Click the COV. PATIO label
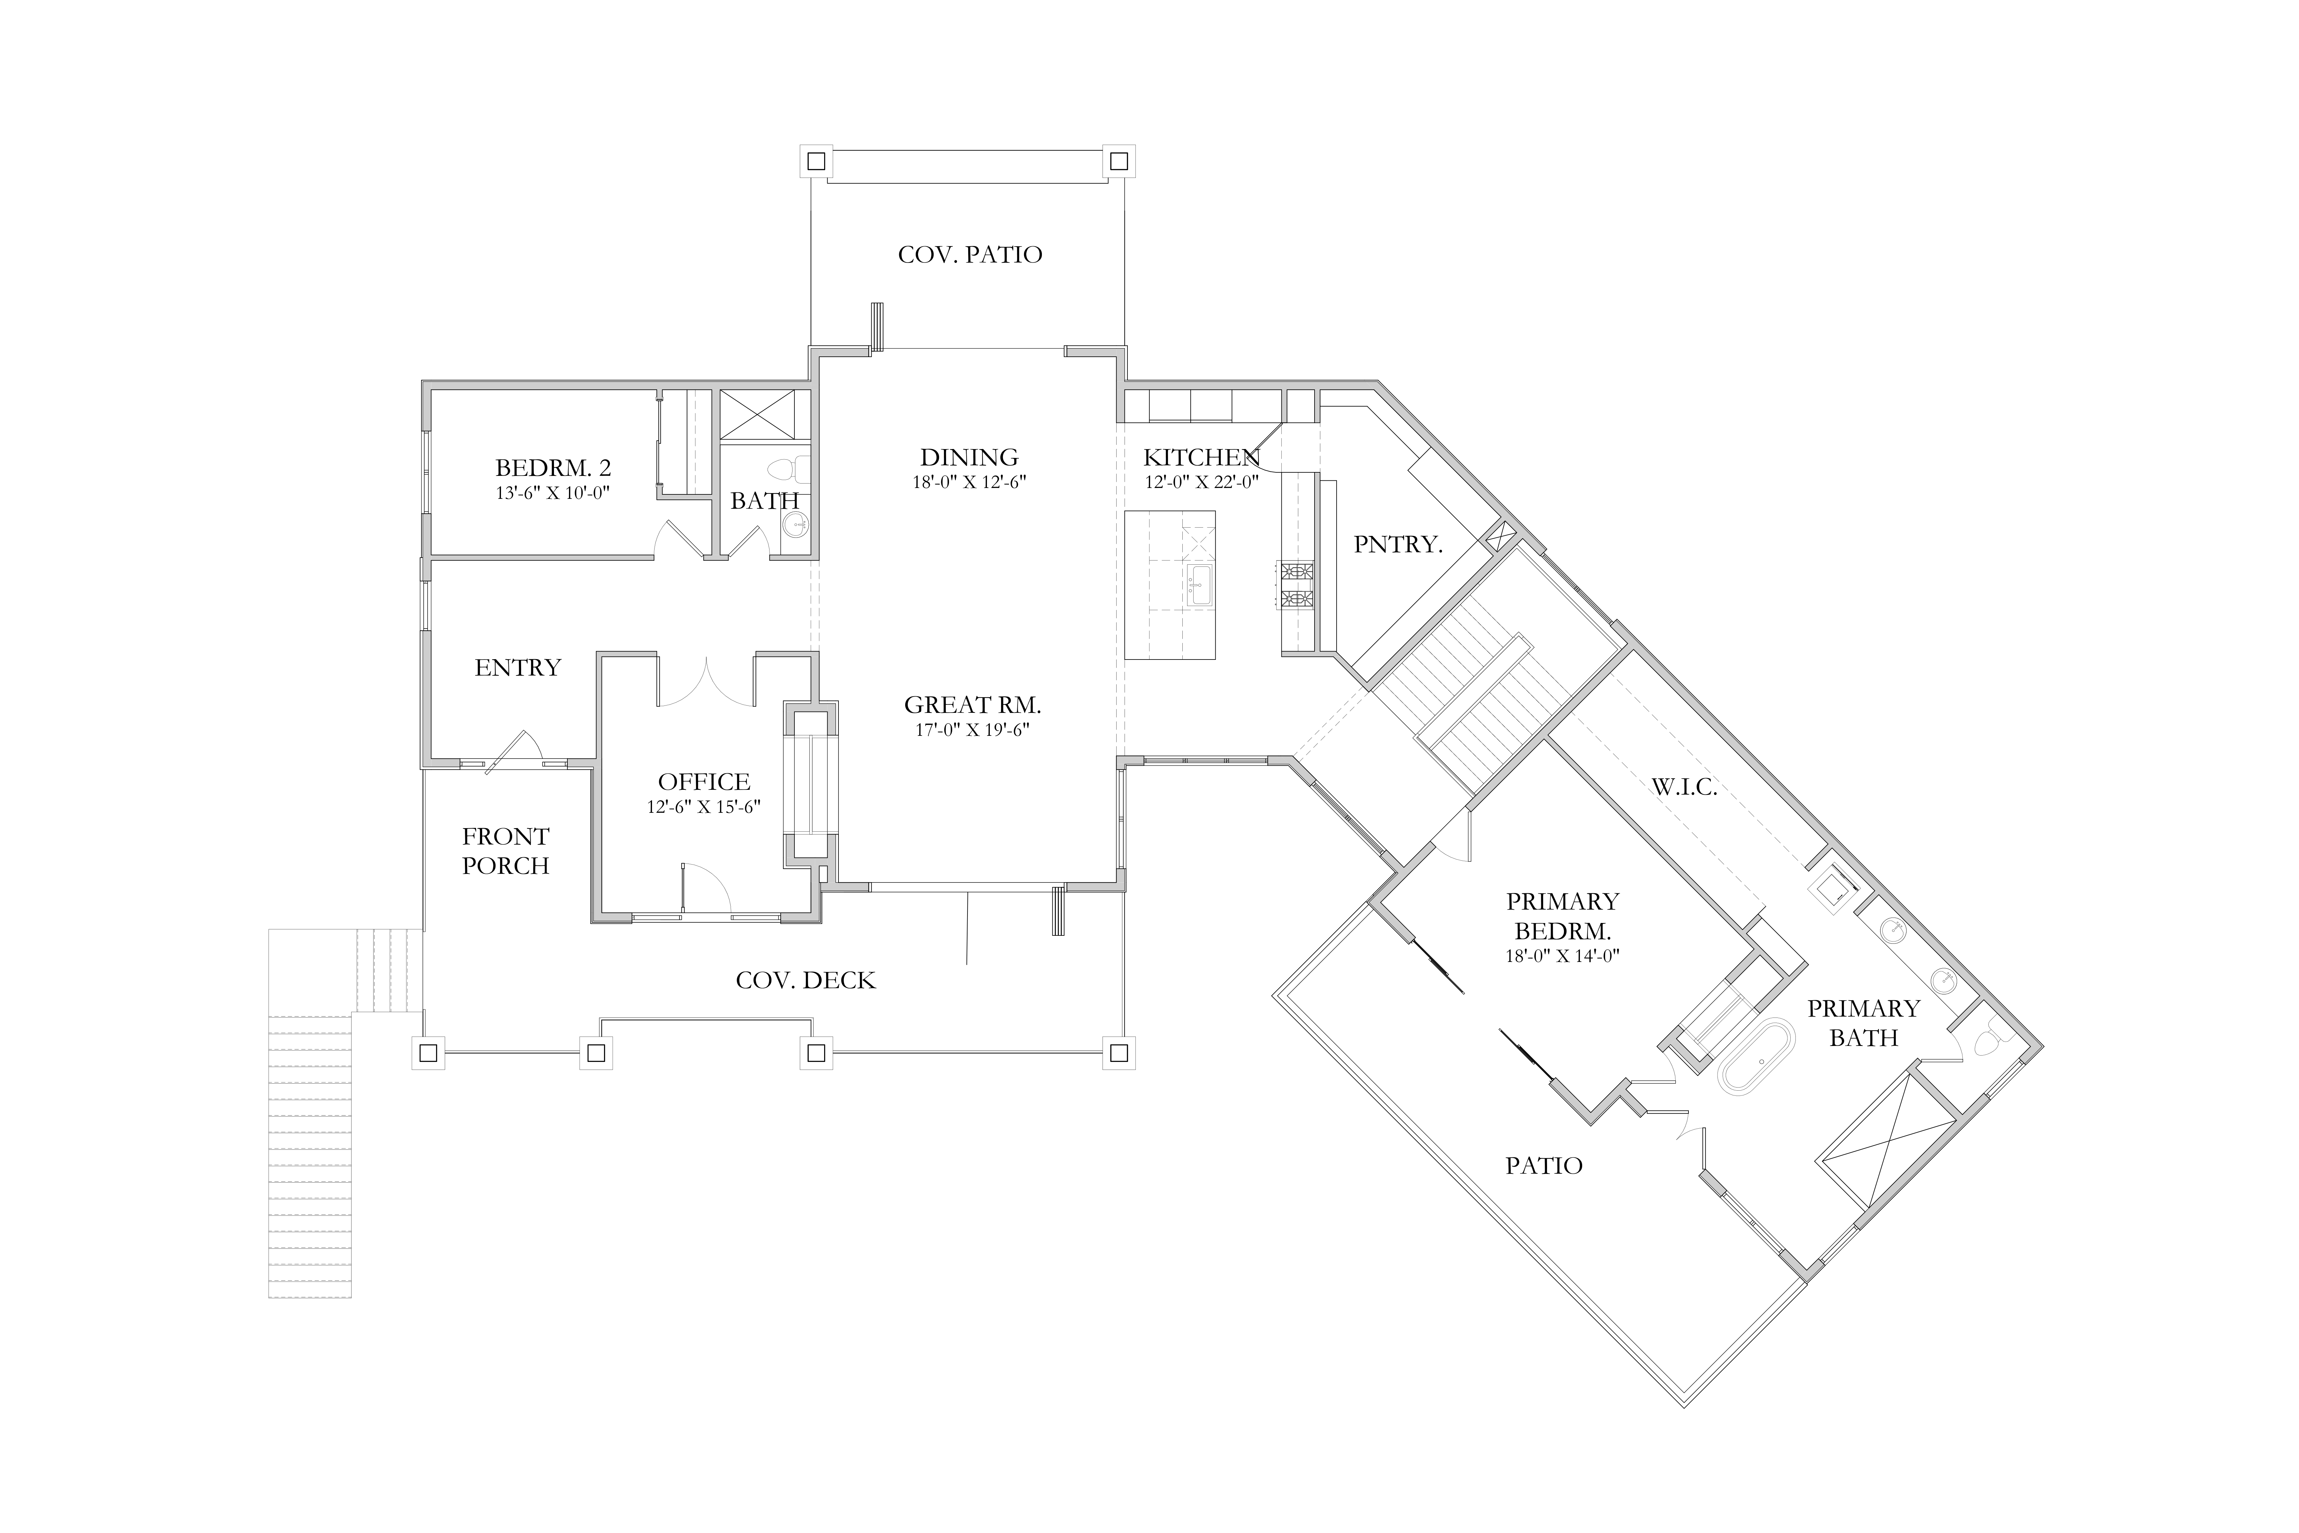click(x=970, y=255)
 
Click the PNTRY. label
click(x=1398, y=545)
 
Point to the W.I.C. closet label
click(x=1684, y=787)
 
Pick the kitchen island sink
click(x=1198, y=585)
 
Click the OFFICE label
click(x=704, y=782)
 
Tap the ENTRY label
click(x=518, y=668)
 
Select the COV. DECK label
click(x=805, y=980)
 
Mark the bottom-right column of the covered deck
click(x=1119, y=1053)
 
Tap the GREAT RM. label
click(x=973, y=705)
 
